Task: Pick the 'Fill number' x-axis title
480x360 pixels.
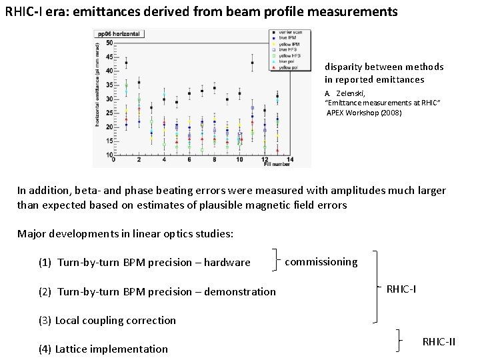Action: point(276,165)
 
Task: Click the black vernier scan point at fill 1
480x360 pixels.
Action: point(126,63)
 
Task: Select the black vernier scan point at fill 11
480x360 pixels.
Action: point(252,63)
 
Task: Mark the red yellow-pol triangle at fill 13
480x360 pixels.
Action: point(277,150)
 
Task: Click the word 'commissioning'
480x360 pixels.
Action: point(321,262)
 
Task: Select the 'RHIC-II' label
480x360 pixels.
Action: point(439,342)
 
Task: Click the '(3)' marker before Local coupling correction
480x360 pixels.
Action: point(45,321)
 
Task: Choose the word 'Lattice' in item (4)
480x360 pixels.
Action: point(72,349)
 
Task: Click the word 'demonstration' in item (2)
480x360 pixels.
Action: point(240,291)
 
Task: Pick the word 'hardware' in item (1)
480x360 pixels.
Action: point(227,263)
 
